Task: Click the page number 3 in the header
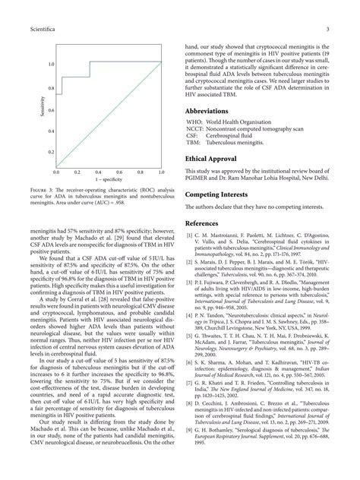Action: (325, 30)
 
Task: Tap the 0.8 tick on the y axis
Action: (51, 89)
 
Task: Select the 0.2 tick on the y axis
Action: (51, 152)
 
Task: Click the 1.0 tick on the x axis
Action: (162, 174)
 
